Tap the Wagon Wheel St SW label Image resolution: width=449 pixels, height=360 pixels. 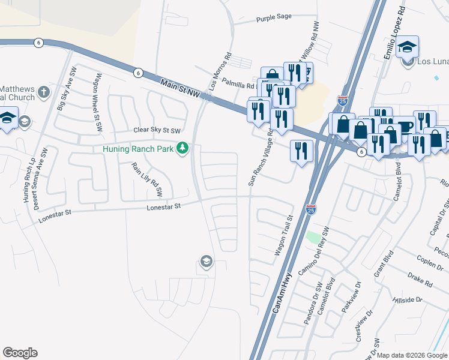point(95,97)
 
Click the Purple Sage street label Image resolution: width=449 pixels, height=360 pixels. point(273,19)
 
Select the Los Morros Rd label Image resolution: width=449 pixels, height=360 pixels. point(220,74)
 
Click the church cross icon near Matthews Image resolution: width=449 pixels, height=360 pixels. point(43,92)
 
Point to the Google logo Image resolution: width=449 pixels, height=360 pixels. point(20,353)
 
